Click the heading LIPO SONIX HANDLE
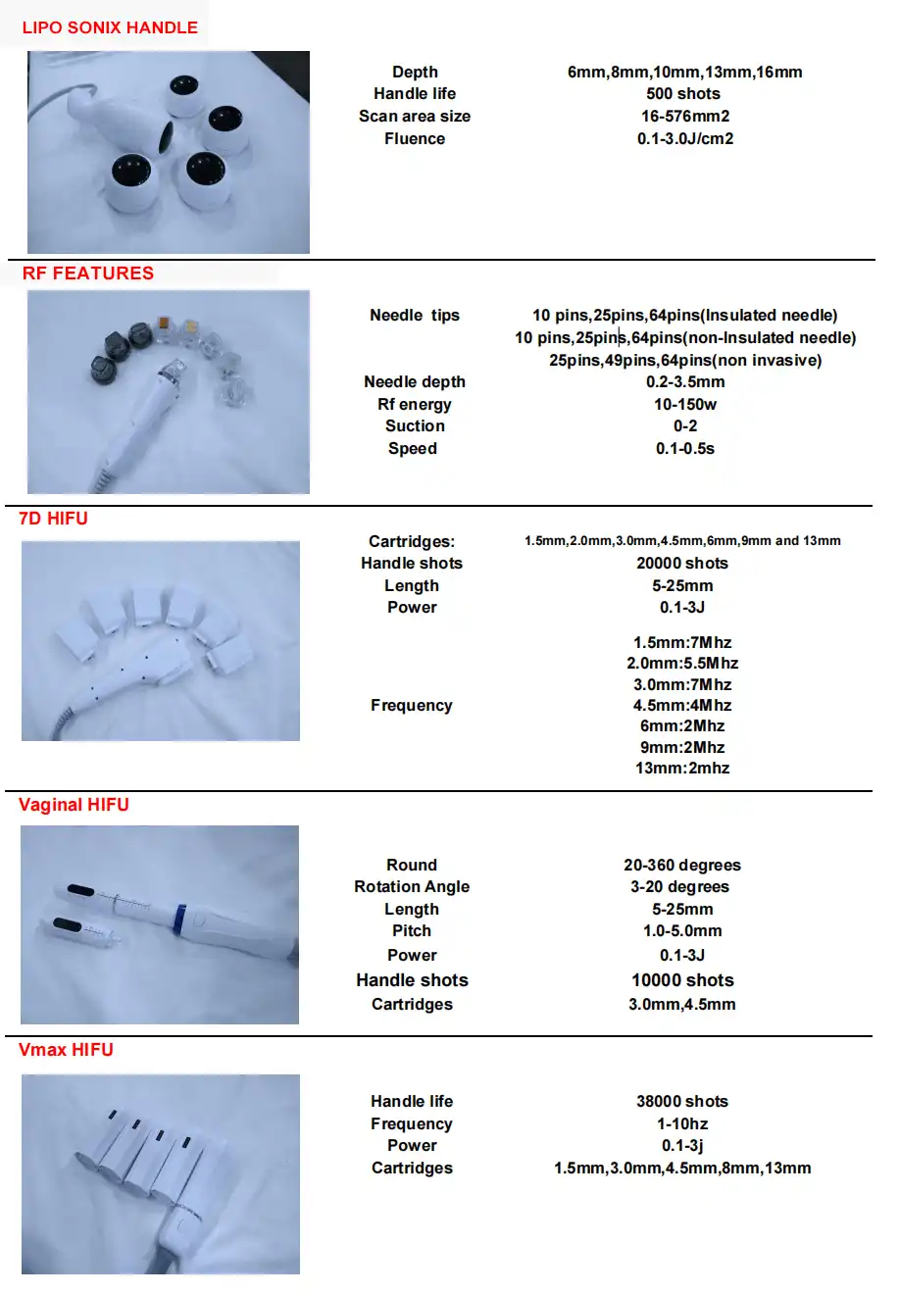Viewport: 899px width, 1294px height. click(110, 27)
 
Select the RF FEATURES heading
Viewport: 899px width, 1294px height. click(88, 274)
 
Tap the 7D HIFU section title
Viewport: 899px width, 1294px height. click(54, 519)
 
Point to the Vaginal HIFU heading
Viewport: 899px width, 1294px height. click(74, 805)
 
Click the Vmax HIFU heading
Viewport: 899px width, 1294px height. click(66, 1050)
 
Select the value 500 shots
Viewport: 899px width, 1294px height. click(683, 94)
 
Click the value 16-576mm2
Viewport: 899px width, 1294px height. click(685, 117)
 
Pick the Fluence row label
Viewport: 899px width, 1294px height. click(415, 139)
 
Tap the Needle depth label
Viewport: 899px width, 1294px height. click(415, 382)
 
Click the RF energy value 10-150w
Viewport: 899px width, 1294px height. click(685, 405)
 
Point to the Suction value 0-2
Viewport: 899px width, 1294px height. click(685, 426)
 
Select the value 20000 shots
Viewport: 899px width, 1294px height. click(682, 564)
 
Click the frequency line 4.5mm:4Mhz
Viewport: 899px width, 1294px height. click(682, 706)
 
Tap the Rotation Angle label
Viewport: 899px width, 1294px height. click(412, 887)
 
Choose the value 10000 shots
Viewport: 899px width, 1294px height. click(682, 980)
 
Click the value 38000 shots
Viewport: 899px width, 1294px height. click(682, 1102)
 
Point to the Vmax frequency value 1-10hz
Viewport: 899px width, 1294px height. click(682, 1124)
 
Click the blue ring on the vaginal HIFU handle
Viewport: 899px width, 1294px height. click(180, 919)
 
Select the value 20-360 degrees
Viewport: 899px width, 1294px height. click(682, 866)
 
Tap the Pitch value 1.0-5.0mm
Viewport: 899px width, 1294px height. click(682, 931)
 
